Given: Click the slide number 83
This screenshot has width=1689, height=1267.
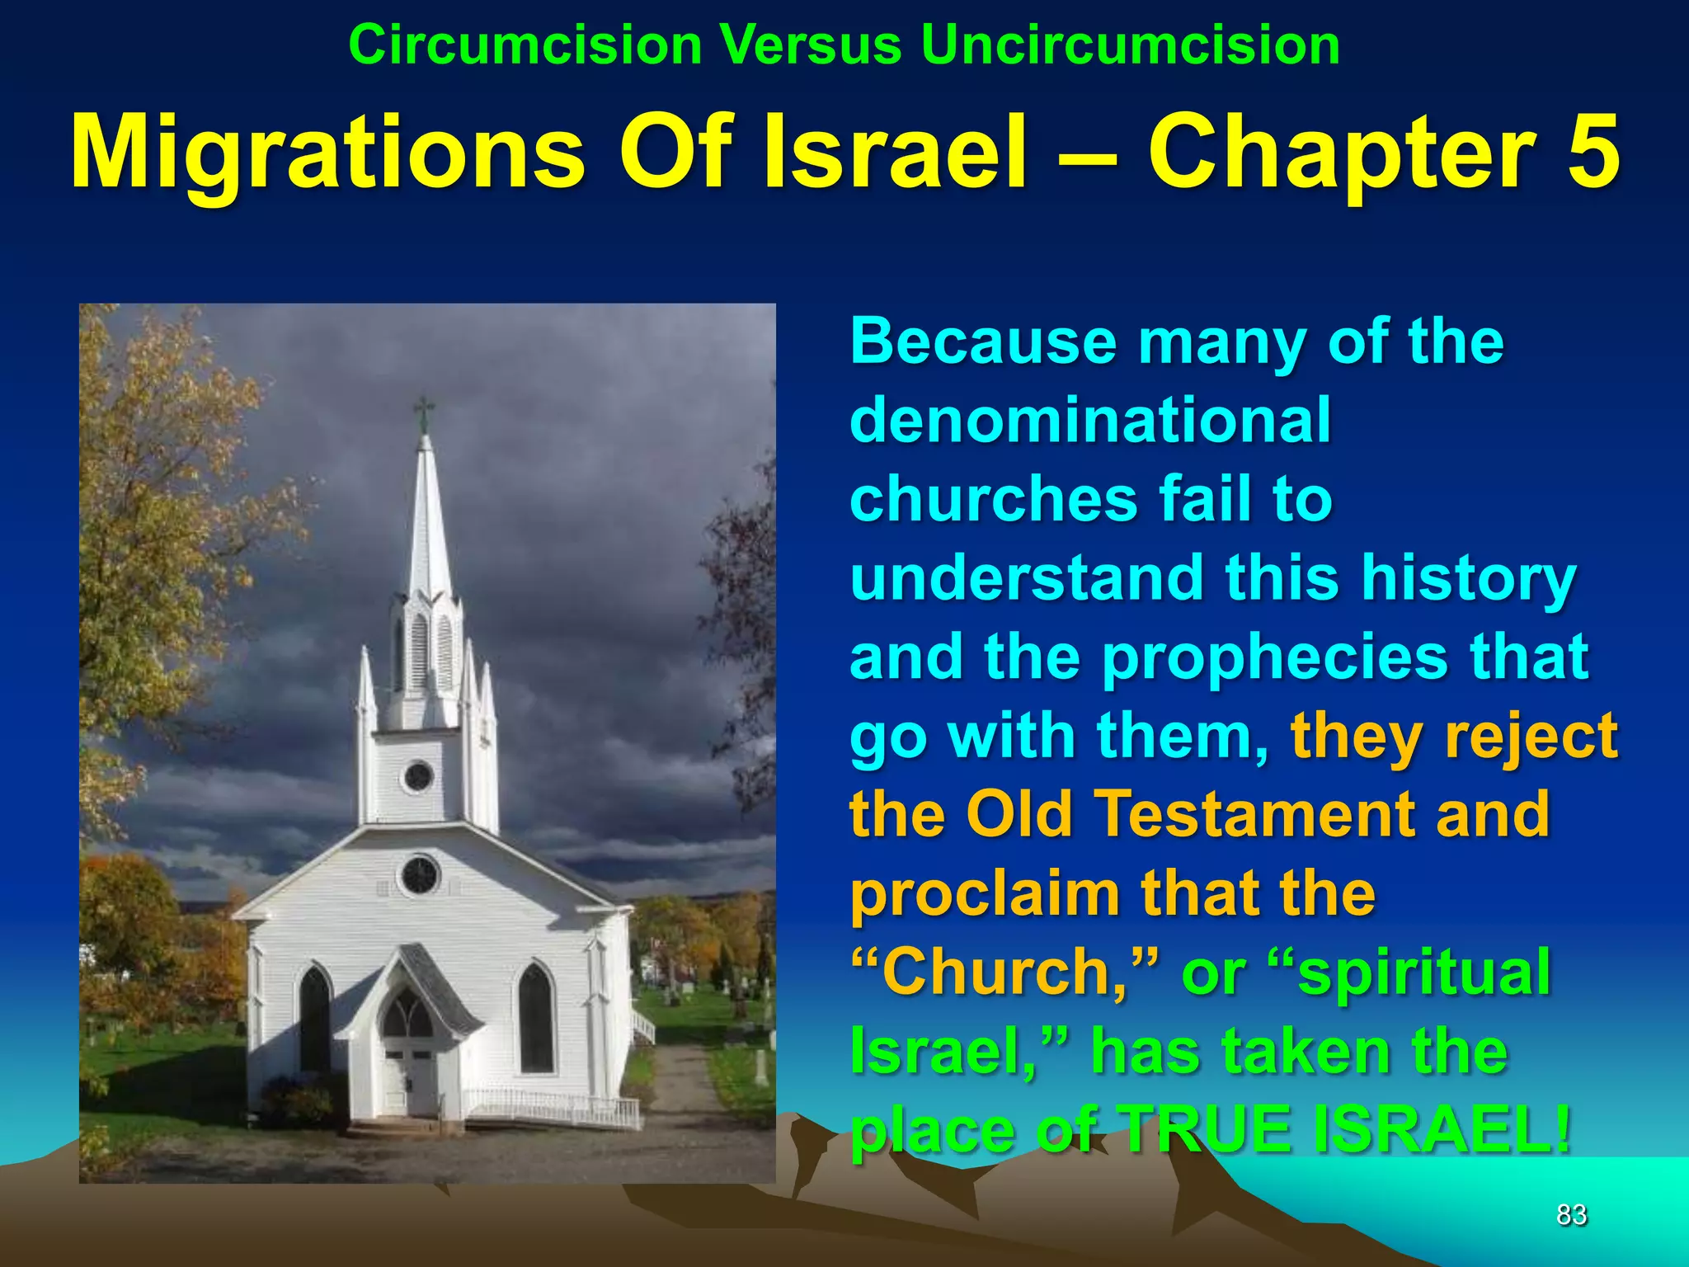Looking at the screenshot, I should [x=1571, y=1214].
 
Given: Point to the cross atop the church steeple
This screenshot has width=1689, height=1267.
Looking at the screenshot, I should [x=423, y=410].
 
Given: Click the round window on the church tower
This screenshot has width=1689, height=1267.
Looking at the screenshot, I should [x=418, y=776].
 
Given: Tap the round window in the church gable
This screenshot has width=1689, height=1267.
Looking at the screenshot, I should [x=420, y=875].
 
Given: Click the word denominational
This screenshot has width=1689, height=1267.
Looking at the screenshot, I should [x=1090, y=421].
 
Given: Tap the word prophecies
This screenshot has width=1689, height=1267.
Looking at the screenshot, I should [x=1275, y=657].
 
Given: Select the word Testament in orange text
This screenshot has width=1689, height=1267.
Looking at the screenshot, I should [x=1257, y=815].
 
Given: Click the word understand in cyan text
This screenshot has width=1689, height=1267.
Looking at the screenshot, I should [x=1027, y=578].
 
